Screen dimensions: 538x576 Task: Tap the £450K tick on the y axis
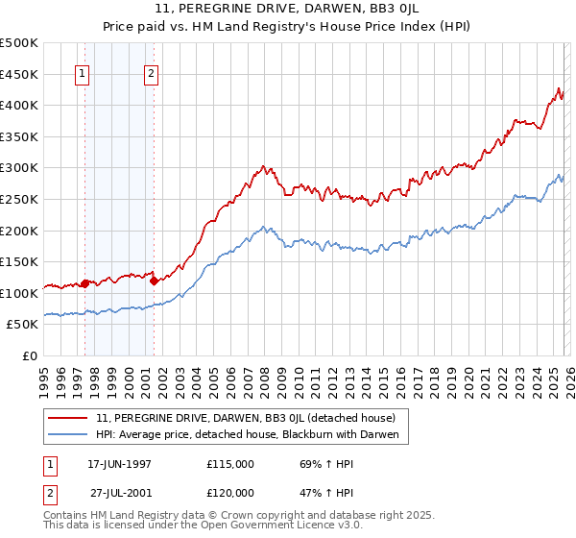pos(19,74)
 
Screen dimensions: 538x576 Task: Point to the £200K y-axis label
pos(19,231)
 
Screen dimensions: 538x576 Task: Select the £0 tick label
pos(29,356)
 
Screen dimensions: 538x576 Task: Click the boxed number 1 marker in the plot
pos(83,74)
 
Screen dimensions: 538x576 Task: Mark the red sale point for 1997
pos(85,283)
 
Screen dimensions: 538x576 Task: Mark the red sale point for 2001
pos(155,281)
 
